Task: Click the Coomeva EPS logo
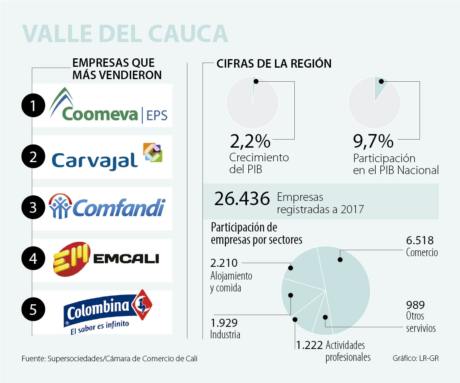[108, 106]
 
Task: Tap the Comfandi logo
[106, 207]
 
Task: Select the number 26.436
[242, 199]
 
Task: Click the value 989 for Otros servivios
[415, 305]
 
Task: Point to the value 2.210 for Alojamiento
[224, 263]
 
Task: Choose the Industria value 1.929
[224, 323]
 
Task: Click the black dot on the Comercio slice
[340, 259]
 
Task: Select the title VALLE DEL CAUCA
[125, 33]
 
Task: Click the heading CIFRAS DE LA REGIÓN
[274, 64]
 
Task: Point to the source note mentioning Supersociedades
[109, 359]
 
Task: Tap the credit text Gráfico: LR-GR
[415, 358]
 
